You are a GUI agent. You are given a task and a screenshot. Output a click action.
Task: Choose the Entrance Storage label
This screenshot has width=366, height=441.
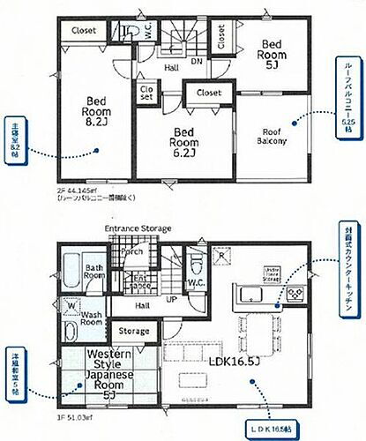click(138, 228)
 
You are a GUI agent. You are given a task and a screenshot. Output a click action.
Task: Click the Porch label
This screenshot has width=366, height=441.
click(132, 250)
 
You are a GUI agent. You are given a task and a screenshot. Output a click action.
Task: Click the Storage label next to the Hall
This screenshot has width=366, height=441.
click(133, 332)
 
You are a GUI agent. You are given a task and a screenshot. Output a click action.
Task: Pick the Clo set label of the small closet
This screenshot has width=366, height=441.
click(146, 93)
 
